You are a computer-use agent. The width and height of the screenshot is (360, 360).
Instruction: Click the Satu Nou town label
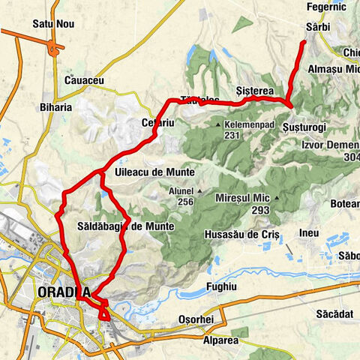[53, 24]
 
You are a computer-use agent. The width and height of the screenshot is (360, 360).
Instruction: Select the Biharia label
[57, 107]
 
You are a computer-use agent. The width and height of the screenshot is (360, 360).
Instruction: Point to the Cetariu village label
[157, 121]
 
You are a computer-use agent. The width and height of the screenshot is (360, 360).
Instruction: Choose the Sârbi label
[318, 27]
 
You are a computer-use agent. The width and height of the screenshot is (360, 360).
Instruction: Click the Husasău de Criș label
[241, 235]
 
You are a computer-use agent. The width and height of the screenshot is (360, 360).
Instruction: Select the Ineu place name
[308, 233]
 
